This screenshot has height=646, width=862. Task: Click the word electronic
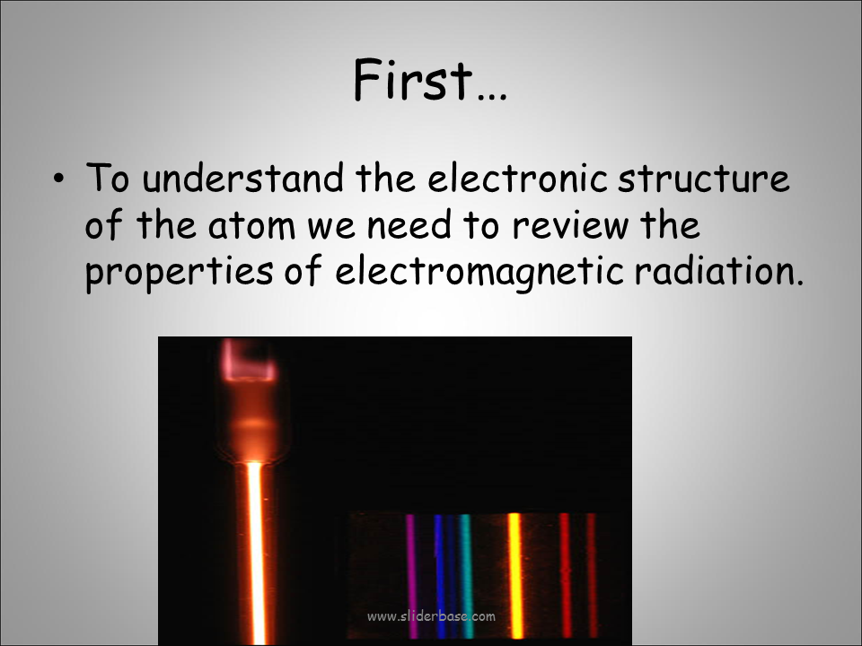517,178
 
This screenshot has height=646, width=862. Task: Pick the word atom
251,225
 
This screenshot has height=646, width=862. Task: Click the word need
409,224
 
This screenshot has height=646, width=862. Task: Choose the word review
571,226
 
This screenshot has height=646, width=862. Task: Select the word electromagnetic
479,272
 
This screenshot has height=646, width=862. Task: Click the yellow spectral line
515,576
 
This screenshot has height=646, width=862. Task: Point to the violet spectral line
410,576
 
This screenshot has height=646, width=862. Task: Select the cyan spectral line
466,576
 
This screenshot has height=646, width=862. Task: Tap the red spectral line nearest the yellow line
565,576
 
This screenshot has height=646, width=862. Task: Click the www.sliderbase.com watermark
431,616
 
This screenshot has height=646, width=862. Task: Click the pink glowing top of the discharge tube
249,361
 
